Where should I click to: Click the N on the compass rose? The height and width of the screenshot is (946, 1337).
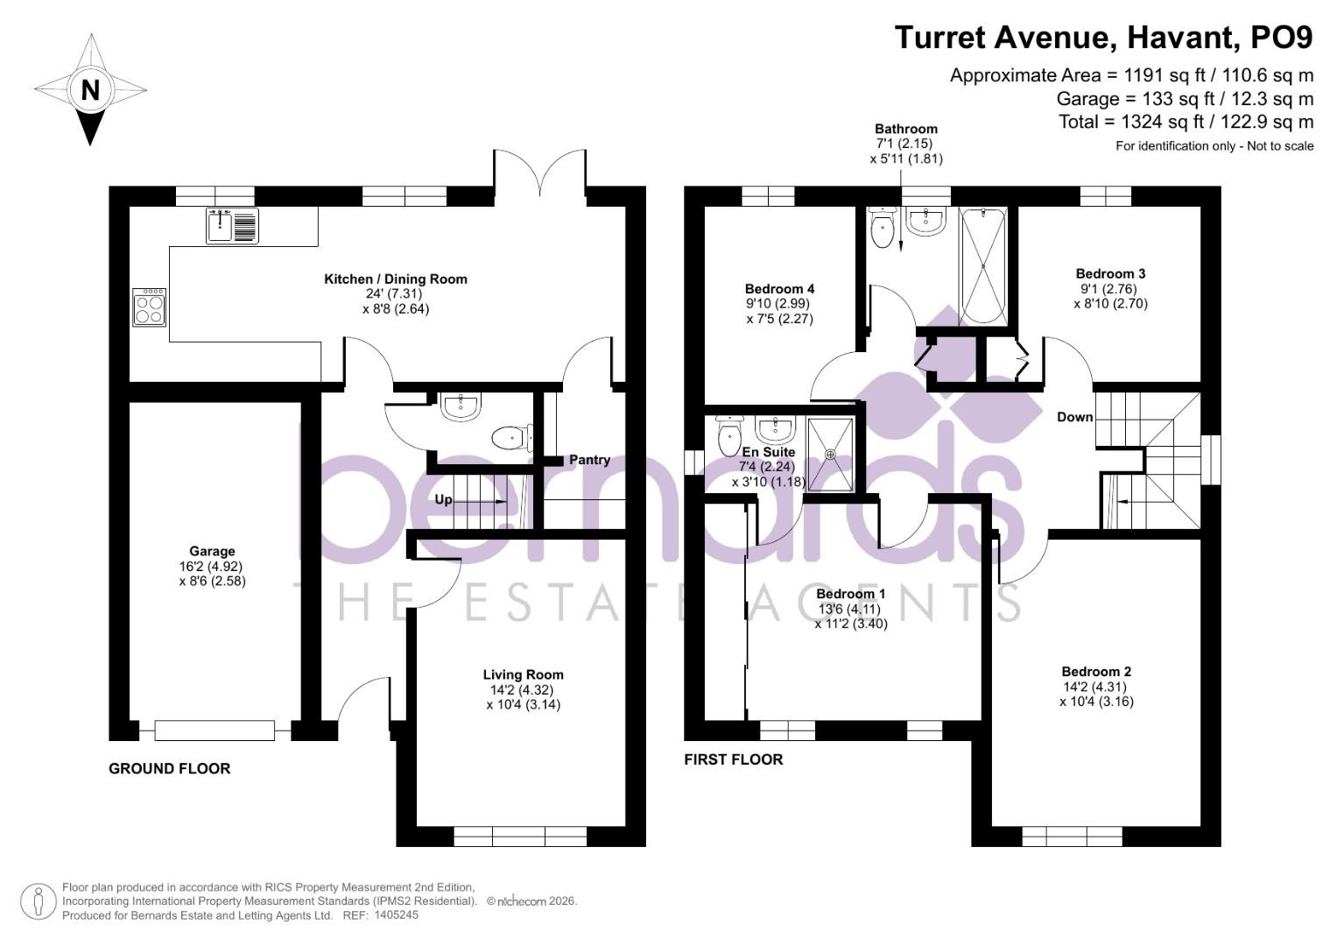[x=89, y=89]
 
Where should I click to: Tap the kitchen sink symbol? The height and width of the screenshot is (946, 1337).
[x=232, y=225]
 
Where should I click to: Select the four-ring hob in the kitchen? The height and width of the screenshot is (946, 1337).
[x=149, y=307]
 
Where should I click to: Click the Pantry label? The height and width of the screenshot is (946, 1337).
[x=589, y=460]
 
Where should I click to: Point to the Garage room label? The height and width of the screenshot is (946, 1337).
[x=212, y=551]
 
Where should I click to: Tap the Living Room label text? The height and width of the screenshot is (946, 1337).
[x=523, y=674]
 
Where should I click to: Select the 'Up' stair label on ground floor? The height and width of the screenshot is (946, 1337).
[x=444, y=499]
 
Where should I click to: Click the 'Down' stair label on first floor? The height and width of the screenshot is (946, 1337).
[x=1074, y=417]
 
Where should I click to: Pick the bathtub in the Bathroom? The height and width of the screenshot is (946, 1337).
[x=984, y=265]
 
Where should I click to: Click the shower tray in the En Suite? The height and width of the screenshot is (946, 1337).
[x=830, y=454]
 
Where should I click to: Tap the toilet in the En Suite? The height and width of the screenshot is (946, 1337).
[x=728, y=435]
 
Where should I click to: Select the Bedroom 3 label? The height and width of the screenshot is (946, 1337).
[x=1110, y=273]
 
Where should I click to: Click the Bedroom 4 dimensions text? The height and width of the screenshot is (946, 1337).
[x=779, y=311]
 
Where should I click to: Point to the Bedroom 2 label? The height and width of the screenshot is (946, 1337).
[x=1096, y=672]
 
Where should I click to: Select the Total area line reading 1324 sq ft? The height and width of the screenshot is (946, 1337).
[x=1186, y=122]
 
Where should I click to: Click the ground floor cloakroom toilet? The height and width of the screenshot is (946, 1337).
[x=510, y=437]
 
